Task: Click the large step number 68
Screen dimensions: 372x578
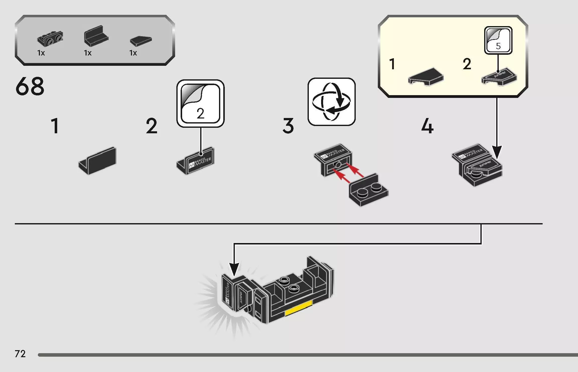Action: point(30,86)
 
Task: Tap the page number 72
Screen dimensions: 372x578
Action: point(20,354)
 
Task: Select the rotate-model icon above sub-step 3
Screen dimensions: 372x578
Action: point(331,102)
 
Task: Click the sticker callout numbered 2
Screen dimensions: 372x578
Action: point(200,103)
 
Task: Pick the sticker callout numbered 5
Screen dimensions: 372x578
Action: point(498,40)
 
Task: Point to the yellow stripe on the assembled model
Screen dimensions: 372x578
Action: point(298,308)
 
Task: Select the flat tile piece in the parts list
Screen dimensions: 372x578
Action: point(141,41)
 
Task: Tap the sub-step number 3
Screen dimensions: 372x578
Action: point(288,126)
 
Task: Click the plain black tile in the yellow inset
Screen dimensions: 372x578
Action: point(426,76)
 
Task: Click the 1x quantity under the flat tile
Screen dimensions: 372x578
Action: point(133,53)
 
